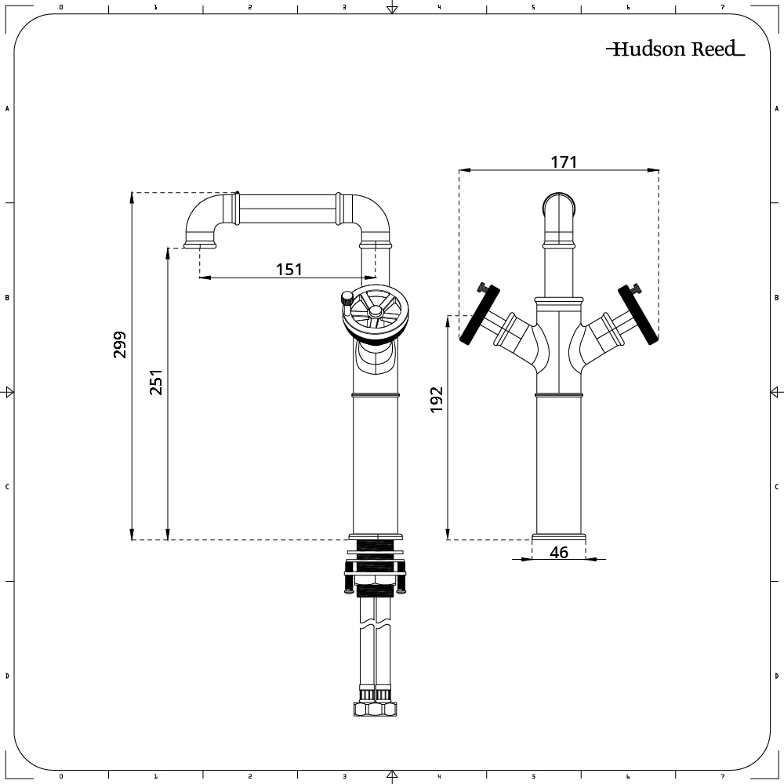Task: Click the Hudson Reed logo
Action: [x=675, y=49]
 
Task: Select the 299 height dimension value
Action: [x=120, y=345]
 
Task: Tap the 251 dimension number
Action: [x=156, y=382]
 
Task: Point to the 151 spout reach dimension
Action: [x=289, y=269]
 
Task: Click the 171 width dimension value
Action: [x=563, y=162]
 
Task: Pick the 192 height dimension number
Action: [x=437, y=399]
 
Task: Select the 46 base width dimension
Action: [x=559, y=553]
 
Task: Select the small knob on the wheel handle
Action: [x=345, y=299]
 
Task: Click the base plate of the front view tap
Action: [x=559, y=538]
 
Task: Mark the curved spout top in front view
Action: [x=559, y=205]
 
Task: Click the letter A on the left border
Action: [x=8, y=109]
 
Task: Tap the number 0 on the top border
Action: [x=61, y=7]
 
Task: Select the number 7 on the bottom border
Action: [x=722, y=777]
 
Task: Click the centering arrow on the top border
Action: [x=392, y=9]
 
